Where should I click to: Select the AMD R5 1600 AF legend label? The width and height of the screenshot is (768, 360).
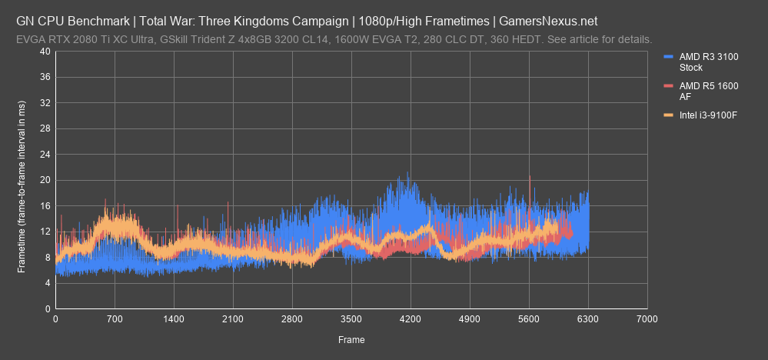[699, 92]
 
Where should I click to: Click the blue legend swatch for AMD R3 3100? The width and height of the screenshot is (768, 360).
[667, 56]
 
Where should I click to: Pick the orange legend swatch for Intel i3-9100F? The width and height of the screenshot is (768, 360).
[667, 115]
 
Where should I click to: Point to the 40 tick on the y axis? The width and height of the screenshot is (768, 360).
[45, 52]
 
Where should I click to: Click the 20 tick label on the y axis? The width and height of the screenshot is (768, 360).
[45, 180]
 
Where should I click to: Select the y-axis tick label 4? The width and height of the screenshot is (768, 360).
[48, 283]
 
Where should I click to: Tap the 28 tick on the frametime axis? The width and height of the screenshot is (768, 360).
[45, 128]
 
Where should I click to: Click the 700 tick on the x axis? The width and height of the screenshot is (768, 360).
[115, 318]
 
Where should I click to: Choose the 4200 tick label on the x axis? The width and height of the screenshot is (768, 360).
[411, 318]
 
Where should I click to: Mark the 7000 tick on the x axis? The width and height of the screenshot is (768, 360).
[647, 318]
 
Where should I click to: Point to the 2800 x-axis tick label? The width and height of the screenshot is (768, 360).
[292, 318]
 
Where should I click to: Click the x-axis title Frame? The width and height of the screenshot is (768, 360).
[351, 339]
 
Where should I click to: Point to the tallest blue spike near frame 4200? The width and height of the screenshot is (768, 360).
[407, 173]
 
